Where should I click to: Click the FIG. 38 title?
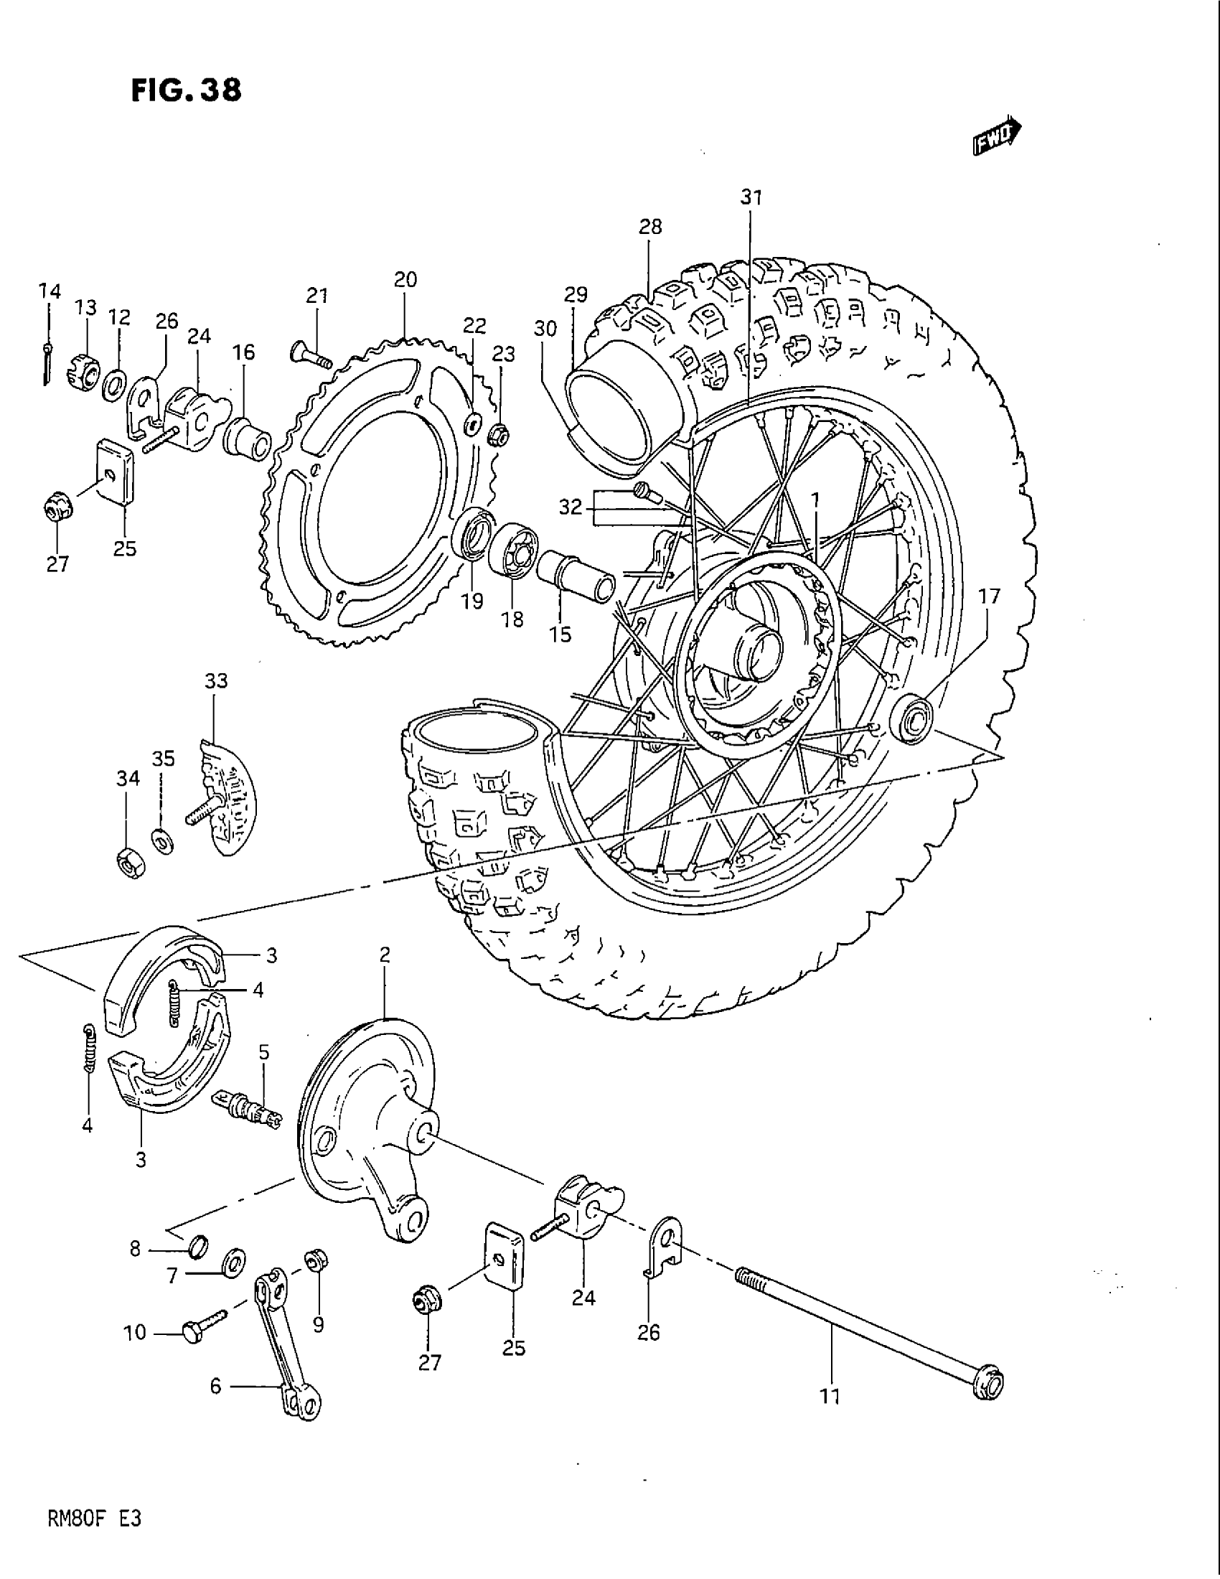(x=186, y=90)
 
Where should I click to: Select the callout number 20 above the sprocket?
(x=405, y=280)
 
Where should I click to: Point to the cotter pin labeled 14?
(x=47, y=362)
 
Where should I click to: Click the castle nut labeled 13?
(x=84, y=370)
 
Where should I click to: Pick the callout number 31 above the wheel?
(x=751, y=197)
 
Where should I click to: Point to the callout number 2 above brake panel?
(x=385, y=955)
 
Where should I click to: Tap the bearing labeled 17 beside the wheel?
(x=912, y=718)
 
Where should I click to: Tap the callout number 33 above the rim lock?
(x=216, y=681)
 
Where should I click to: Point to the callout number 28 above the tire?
(x=649, y=227)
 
